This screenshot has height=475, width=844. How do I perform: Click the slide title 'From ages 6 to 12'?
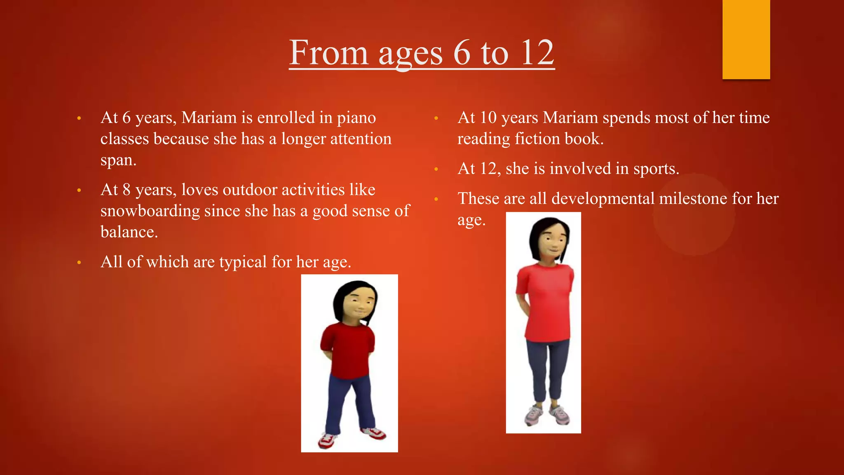tap(422, 53)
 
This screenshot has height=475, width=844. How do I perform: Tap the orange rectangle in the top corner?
tap(746, 39)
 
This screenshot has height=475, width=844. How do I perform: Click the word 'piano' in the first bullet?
tap(356, 118)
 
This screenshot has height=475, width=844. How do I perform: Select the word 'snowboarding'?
tap(150, 211)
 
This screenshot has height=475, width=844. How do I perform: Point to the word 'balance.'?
tap(129, 232)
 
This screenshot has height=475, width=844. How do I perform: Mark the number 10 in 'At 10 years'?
tap(488, 118)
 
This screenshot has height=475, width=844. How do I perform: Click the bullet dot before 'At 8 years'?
tap(79, 190)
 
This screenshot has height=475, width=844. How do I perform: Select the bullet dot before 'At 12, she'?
tap(436, 169)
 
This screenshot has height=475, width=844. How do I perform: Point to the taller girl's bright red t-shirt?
tap(546, 303)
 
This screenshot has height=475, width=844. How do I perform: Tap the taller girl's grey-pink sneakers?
tap(548, 414)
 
